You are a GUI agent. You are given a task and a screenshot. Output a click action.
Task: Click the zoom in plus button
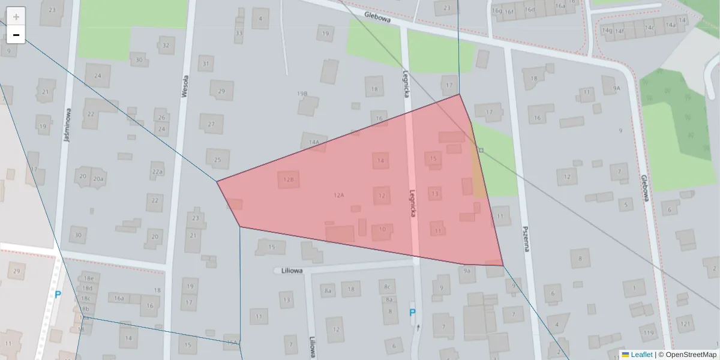coord(16,16)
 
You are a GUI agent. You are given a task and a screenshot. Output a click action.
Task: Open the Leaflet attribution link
coord(641,355)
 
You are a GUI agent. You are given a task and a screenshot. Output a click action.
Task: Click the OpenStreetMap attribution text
coord(690,355)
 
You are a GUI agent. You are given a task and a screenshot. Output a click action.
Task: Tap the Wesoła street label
coord(185,86)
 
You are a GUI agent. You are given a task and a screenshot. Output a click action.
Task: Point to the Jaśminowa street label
coord(68,125)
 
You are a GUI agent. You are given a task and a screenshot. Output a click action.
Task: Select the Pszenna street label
coord(526,237)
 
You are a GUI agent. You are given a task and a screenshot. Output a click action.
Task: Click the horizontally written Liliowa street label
coord(291,271)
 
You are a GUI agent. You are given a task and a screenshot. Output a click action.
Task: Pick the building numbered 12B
coord(289,179)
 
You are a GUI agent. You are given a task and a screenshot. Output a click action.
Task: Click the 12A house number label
coord(339,195)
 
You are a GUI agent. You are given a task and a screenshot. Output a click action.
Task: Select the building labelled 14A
coord(314,142)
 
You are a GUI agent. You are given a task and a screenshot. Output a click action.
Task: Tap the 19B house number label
coord(302,94)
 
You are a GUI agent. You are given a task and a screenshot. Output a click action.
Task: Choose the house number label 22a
coord(157,172)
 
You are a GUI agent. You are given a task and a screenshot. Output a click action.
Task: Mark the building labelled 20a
coord(98,178)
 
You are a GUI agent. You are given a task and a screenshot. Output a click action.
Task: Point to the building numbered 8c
coord(387,286)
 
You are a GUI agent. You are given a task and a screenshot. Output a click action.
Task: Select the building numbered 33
coord(239,33)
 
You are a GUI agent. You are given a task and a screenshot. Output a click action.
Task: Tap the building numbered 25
coord(217,159)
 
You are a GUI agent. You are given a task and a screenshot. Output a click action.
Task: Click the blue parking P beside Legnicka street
coord(412,313)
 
